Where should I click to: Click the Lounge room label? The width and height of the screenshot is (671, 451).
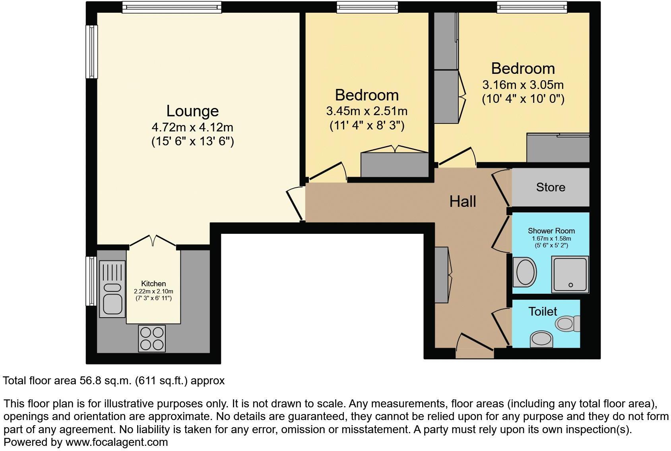[x=192, y=111]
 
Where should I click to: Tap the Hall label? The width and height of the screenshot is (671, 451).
[x=463, y=201]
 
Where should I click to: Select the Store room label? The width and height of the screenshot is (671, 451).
[x=551, y=187]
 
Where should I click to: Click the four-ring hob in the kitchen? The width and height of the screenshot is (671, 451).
[x=151, y=338]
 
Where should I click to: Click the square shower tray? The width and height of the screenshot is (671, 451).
[x=570, y=274]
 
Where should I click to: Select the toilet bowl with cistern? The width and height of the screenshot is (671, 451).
[x=567, y=324]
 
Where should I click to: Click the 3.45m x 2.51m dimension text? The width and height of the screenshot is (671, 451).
[x=367, y=111]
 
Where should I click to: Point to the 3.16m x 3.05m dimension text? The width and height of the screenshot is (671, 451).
[x=523, y=85]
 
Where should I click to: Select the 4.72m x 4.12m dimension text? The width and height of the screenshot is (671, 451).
[x=192, y=127]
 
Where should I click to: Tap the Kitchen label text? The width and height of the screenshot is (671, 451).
[x=153, y=283]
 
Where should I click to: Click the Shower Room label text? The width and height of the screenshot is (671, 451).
[x=551, y=231]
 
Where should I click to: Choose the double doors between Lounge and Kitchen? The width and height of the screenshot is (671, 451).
[x=153, y=241]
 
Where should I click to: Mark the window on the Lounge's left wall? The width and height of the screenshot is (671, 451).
[x=92, y=52]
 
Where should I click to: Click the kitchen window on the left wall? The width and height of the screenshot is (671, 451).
[x=91, y=281]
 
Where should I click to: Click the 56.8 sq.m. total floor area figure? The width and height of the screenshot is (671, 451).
[x=104, y=381]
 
